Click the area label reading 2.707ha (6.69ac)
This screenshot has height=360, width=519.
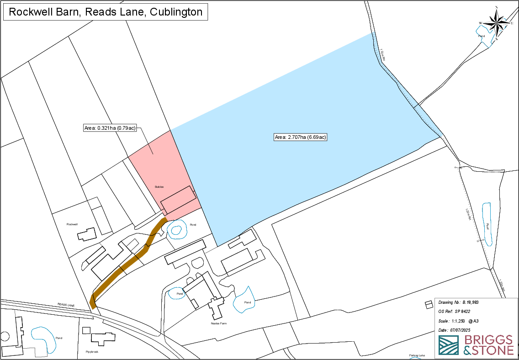(x=301, y=137)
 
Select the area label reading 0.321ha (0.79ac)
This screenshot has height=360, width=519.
(x=110, y=128)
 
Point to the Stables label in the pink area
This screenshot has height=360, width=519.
(x=159, y=187)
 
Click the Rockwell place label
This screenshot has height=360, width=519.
(x=73, y=224)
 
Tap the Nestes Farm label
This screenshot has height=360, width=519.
(x=219, y=323)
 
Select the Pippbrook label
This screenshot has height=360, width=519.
(x=92, y=352)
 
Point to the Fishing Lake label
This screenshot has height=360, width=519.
(x=417, y=355)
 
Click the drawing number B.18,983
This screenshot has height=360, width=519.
(x=470, y=302)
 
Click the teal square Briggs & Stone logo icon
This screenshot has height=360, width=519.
(x=449, y=345)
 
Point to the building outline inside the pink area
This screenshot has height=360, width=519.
(x=178, y=199)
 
